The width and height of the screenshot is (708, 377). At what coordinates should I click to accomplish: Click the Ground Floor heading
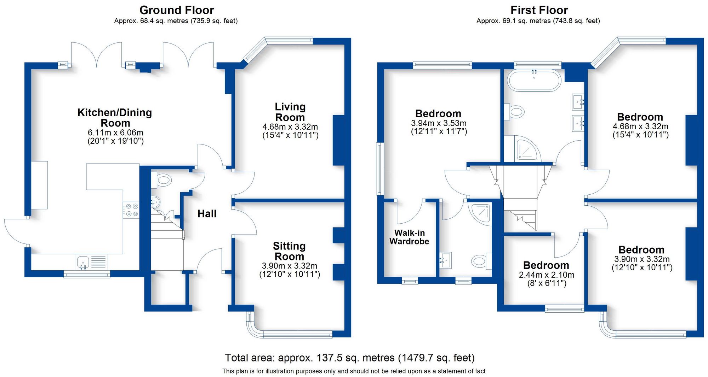point(176,10)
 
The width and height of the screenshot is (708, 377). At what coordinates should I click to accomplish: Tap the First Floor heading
point(539,10)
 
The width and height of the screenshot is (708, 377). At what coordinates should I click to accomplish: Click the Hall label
point(207,214)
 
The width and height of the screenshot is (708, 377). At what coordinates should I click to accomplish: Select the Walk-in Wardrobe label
point(409,237)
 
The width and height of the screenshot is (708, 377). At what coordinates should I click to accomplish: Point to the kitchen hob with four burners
point(131,210)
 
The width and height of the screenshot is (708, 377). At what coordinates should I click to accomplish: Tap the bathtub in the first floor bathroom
point(534,81)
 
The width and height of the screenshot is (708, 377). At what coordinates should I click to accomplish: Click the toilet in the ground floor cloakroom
point(162,180)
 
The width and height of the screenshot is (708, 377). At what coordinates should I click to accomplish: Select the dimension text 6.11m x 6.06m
point(115,133)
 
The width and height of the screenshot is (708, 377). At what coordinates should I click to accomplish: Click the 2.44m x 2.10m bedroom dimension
point(546,275)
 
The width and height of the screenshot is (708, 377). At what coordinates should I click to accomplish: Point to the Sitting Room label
point(289,251)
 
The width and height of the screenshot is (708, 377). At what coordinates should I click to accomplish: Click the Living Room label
point(290,112)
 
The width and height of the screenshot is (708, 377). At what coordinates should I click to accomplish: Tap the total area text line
point(349,358)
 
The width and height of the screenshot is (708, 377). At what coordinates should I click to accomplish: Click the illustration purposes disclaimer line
point(354,371)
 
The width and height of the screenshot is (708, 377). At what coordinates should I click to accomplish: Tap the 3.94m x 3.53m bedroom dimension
point(438,123)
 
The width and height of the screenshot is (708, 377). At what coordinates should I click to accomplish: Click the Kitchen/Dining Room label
point(115,118)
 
